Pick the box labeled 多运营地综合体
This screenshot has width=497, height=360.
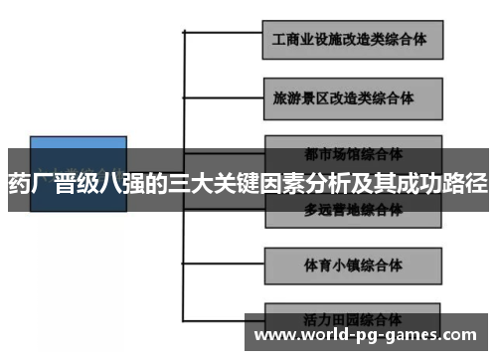353,211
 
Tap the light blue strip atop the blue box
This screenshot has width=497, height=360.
79,142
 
